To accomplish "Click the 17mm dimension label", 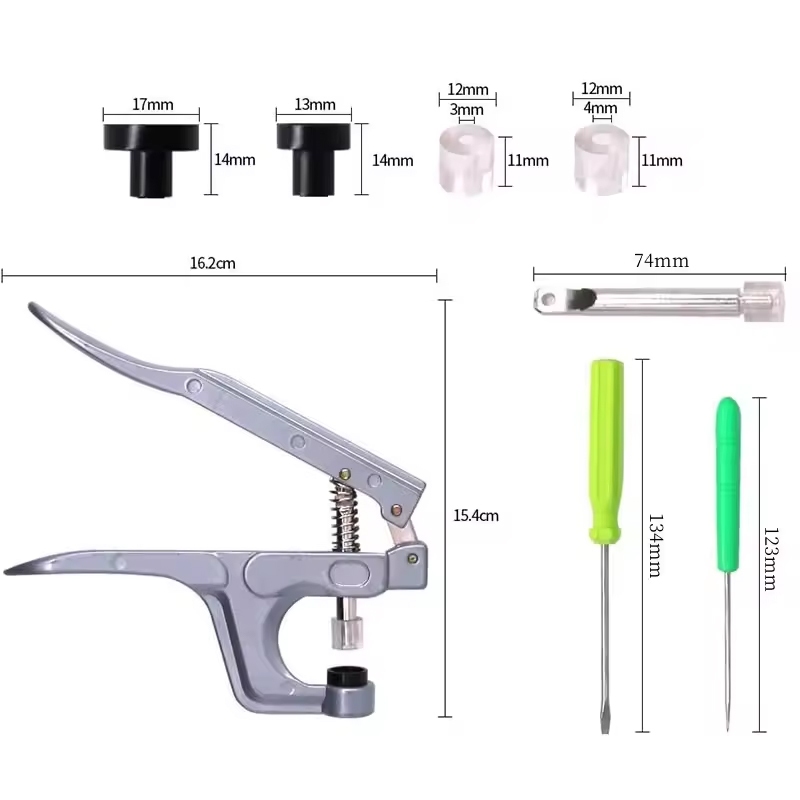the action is (153, 105).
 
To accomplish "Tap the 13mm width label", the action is (315, 105).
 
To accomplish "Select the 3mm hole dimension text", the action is (466, 110).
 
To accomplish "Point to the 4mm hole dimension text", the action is (601, 108).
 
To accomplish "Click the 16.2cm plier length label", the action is (213, 263).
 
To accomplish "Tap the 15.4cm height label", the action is (476, 515).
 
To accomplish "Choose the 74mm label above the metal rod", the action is (662, 261).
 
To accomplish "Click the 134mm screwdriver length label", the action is (656, 545).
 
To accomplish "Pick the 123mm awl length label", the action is (770, 559).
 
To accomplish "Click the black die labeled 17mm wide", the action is (152, 160).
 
